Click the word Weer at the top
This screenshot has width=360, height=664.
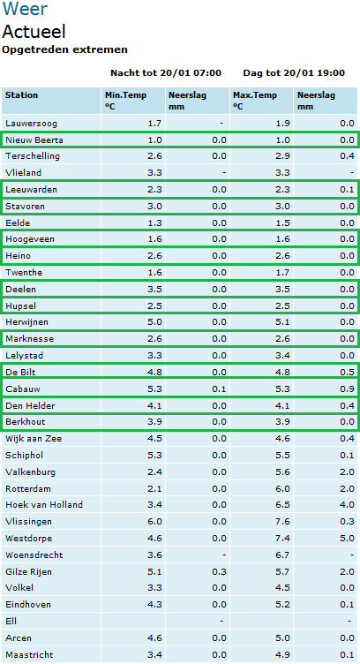[x=25, y=9]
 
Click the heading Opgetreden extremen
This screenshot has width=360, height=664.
[x=64, y=49]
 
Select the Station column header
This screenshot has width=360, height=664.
[x=21, y=94]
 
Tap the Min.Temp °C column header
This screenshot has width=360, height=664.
[x=125, y=101]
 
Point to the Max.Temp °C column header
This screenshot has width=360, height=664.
[x=254, y=101]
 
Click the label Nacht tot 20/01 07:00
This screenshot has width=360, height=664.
[x=166, y=72]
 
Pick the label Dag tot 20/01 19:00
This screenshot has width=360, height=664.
[x=294, y=72]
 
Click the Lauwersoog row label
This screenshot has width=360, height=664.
[x=31, y=124]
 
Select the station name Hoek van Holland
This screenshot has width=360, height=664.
[x=44, y=505]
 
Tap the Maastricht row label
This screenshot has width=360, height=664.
[x=29, y=654]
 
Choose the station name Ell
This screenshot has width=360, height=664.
[x=11, y=622]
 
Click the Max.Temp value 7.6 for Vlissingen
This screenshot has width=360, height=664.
[x=283, y=521]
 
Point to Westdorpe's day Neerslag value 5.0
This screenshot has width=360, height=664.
[x=348, y=539]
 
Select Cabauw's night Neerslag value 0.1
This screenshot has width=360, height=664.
[x=219, y=389]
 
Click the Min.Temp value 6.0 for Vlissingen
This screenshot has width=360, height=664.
[x=154, y=521]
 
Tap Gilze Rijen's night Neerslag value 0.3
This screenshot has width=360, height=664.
[x=219, y=571]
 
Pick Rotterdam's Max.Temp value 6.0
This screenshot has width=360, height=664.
[x=283, y=488]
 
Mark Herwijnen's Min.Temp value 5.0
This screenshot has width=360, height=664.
[x=154, y=322]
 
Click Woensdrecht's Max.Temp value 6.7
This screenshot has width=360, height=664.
[x=283, y=555]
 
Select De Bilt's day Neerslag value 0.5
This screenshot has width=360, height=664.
[x=348, y=373]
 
